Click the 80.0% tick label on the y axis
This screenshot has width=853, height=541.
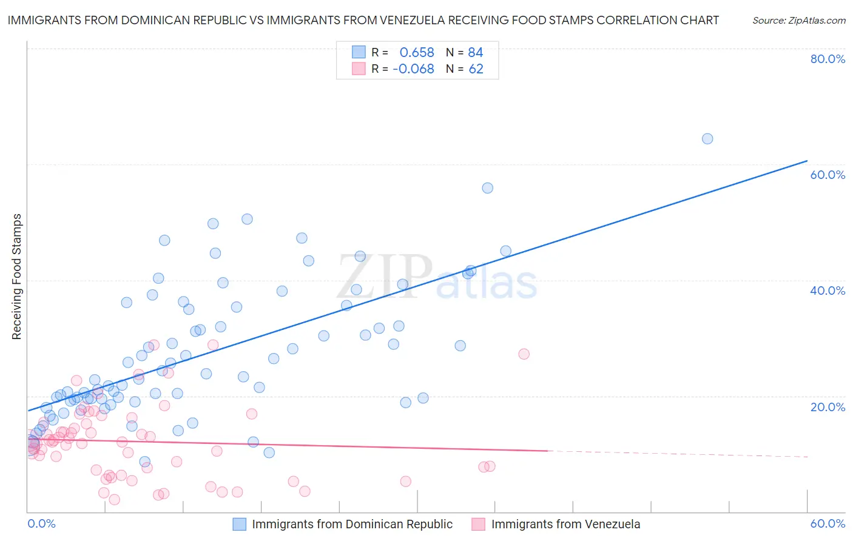(x=828, y=59)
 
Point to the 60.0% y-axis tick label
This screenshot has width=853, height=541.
(x=828, y=175)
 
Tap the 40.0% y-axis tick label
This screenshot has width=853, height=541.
(x=828, y=291)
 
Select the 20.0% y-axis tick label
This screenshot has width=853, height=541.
(x=828, y=406)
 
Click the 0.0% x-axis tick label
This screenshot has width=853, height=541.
(x=41, y=523)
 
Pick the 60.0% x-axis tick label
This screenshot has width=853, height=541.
(x=828, y=523)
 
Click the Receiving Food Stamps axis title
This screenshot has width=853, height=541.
(x=17, y=277)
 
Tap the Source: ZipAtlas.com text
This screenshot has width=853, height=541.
(x=798, y=20)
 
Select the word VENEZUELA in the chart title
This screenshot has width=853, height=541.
(x=411, y=20)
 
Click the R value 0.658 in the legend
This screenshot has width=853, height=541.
(x=416, y=53)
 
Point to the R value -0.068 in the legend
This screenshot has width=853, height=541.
(x=413, y=69)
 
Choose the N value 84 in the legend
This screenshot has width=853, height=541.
(x=476, y=53)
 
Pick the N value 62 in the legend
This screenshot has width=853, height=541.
(x=476, y=69)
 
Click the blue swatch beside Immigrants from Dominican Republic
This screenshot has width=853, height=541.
(x=240, y=524)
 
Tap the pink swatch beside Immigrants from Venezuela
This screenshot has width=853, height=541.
(x=479, y=524)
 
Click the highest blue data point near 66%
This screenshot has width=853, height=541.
(x=707, y=139)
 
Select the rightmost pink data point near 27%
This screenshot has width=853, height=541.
(x=524, y=354)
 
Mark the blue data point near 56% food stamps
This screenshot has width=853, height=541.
(x=487, y=188)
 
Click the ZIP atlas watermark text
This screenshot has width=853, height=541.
(x=437, y=278)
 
